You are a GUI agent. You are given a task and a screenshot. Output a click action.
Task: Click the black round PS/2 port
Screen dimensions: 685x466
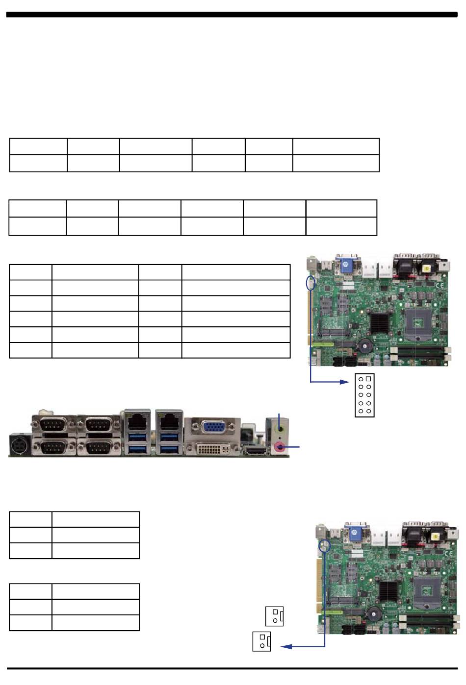(x=20, y=445)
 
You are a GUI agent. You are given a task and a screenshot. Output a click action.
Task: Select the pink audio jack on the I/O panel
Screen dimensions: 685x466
(x=280, y=446)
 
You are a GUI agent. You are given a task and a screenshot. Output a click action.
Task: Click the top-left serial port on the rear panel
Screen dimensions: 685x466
(x=53, y=424)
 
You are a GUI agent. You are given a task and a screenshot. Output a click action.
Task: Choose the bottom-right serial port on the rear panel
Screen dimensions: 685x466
(x=98, y=447)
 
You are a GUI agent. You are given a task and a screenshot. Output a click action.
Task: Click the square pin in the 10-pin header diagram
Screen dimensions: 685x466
(x=368, y=379)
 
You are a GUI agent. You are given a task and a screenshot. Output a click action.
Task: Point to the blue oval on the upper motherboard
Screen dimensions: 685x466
(x=310, y=283)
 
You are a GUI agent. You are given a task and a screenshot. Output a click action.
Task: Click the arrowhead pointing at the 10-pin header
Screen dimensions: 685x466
(x=345, y=382)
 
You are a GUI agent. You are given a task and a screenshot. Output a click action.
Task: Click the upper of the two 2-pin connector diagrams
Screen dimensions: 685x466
(x=274, y=616)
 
